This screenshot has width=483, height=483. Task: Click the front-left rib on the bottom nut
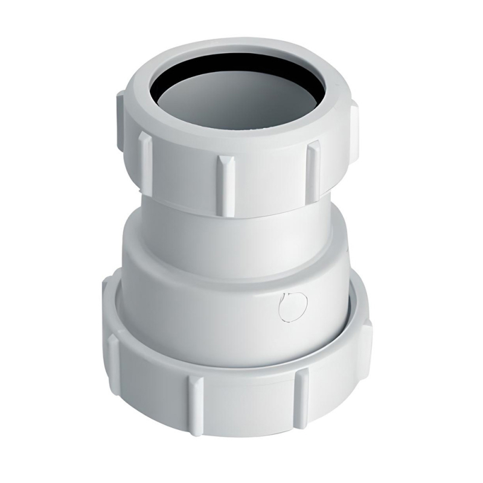click(194, 395)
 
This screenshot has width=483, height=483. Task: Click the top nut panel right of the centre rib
click(269, 175)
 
